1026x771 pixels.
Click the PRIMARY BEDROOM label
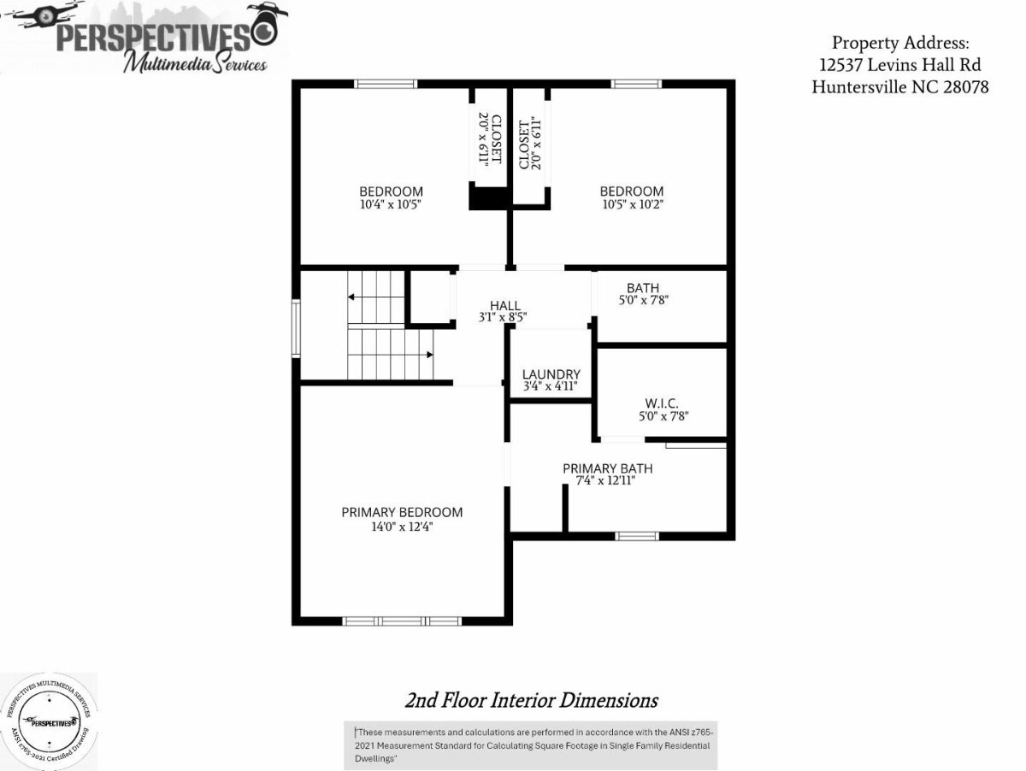pyautogui.click(x=402, y=512)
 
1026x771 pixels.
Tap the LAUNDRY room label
pyautogui.click(x=551, y=374)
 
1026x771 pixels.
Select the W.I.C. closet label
pyautogui.click(x=662, y=403)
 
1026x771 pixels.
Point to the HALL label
pyautogui.click(x=504, y=306)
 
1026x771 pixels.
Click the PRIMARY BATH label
pyautogui.click(x=608, y=468)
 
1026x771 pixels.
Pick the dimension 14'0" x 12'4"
pyautogui.click(x=402, y=527)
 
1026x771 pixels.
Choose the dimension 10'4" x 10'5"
pyautogui.click(x=391, y=204)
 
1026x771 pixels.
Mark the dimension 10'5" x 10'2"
pyautogui.click(x=633, y=204)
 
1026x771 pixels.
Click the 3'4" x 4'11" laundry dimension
pyautogui.click(x=550, y=386)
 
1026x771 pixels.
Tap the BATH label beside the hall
pyautogui.click(x=643, y=288)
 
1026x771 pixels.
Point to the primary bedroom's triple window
pyautogui.click(x=402, y=621)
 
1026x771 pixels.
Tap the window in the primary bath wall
pyautogui.click(x=637, y=536)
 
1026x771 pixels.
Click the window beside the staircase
pyautogui.click(x=296, y=329)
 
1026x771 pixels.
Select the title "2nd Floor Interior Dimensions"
pyautogui.click(x=532, y=700)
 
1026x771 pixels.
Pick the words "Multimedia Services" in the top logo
pyautogui.click(x=196, y=62)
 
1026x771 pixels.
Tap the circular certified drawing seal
pyautogui.click(x=49, y=722)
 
